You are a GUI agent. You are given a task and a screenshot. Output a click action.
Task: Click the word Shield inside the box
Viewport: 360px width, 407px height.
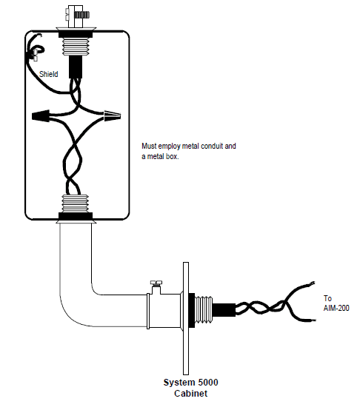pyautogui.click(x=48, y=74)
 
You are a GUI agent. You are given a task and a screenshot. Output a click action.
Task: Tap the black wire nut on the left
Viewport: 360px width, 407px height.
pyautogui.click(x=43, y=117)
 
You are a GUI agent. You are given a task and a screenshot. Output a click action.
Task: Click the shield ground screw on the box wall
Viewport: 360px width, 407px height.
pyautogui.click(x=33, y=52)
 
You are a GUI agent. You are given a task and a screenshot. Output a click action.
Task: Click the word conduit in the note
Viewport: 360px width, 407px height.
pyautogui.click(x=209, y=147)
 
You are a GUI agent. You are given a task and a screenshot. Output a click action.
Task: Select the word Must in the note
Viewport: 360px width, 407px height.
pyautogui.click(x=148, y=147)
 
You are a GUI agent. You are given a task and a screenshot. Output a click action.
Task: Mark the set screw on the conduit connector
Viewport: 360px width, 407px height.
pyautogui.click(x=156, y=284)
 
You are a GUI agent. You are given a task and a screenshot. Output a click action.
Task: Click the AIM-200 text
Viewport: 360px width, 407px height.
pyautogui.click(x=337, y=308)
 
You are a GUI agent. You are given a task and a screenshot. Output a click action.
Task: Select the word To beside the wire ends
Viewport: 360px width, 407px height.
pyautogui.click(x=328, y=298)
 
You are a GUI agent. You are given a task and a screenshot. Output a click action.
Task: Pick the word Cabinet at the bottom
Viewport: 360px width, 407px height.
pyautogui.click(x=191, y=394)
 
